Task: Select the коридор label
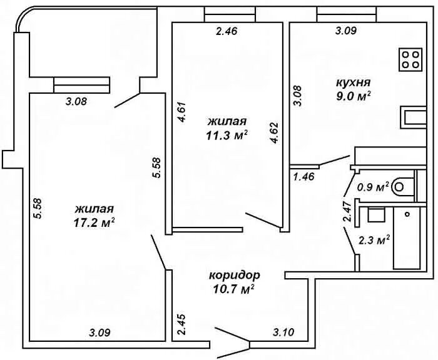pos(234,275)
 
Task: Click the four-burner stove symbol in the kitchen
pos(411,59)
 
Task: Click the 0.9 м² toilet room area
pos(373,186)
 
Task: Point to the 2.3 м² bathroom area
pos(374,239)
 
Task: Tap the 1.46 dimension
pos(303,177)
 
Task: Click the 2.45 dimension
pos(181,326)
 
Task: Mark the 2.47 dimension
pos(346,211)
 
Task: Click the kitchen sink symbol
pos(414,117)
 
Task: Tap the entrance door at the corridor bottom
pos(232,337)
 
